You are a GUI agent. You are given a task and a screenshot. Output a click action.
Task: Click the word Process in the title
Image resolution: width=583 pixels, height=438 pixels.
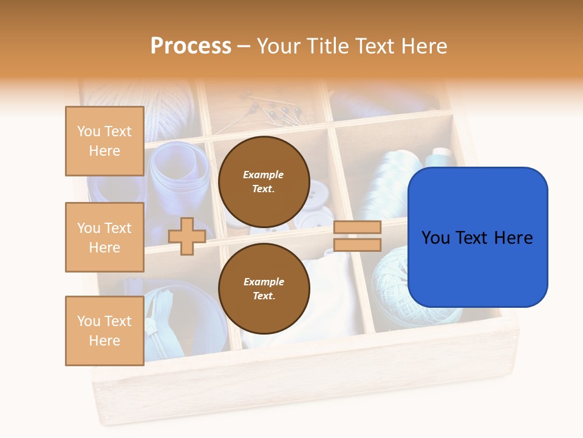pyautogui.click(x=191, y=46)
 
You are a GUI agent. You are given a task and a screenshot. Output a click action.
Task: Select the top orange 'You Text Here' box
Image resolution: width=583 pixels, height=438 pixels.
pyautogui.click(x=104, y=141)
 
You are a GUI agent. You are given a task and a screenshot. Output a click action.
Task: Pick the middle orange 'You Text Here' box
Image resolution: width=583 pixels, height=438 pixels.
pyautogui.click(x=104, y=237)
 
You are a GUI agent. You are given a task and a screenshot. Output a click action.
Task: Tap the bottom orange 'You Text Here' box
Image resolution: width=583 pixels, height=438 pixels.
pyautogui.click(x=104, y=330)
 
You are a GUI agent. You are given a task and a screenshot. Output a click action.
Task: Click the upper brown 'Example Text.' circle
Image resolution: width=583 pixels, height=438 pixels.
pyautogui.click(x=264, y=181)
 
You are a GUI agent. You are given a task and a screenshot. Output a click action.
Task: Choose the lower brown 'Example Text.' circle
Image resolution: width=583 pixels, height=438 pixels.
pyautogui.click(x=264, y=288)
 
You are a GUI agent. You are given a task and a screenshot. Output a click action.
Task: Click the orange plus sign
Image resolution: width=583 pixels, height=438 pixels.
pyautogui.click(x=187, y=236)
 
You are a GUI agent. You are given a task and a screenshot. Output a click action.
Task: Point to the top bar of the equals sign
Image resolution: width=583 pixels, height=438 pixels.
pyautogui.click(x=357, y=227)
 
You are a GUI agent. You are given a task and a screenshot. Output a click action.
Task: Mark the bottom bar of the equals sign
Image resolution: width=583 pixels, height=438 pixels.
pyautogui.click(x=357, y=245)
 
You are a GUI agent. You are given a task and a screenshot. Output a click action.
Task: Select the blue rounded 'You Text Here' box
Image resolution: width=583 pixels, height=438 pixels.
pyautogui.click(x=477, y=237)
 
